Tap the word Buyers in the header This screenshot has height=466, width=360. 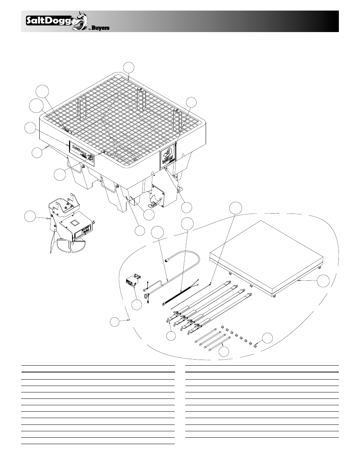point(100,28)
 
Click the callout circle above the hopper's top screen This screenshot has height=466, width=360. point(129,67)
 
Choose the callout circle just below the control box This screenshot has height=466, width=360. point(137,305)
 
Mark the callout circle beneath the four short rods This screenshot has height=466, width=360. point(224,352)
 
